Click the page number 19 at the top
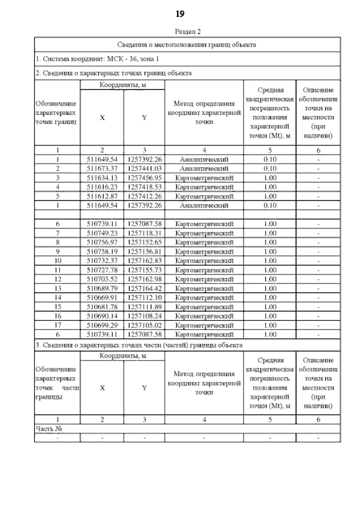click(180, 13)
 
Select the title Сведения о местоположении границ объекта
click(186, 44)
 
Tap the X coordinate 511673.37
click(102, 168)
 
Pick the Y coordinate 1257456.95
click(144, 178)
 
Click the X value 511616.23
click(102, 187)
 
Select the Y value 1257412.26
click(144, 196)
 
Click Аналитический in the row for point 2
click(204, 168)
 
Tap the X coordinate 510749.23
click(102, 233)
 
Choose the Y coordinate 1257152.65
click(144, 242)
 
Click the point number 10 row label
click(57, 261)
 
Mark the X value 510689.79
click(102, 289)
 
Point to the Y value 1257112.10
click(144, 298)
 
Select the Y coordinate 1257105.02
click(144, 325)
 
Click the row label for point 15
click(57, 307)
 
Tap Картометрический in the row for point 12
click(204, 280)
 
